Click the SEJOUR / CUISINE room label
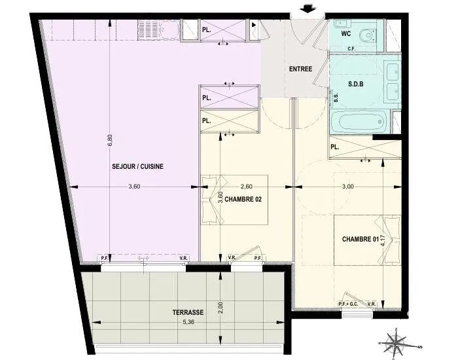(137, 166)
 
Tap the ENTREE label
(300, 69)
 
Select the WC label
(346, 33)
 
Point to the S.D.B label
(356, 84)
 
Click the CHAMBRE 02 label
(243, 199)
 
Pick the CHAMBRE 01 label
(361, 239)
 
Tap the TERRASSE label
(188, 312)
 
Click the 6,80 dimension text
(110, 139)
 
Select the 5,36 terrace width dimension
(188, 322)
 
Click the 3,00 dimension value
(348, 187)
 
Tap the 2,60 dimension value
(246, 187)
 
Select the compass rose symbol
(396, 342)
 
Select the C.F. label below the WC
(351, 49)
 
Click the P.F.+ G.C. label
(349, 304)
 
